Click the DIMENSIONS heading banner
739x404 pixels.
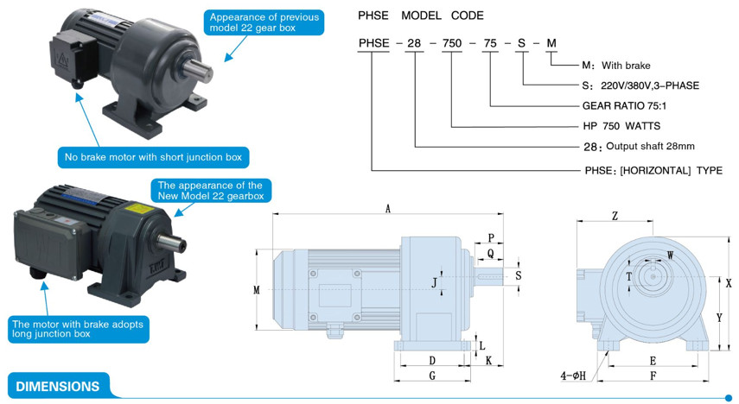[58, 387]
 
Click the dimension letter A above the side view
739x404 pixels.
[388, 209]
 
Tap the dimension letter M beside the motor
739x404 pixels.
[257, 291]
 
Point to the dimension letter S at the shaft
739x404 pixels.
[518, 275]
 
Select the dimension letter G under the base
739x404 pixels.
[431, 376]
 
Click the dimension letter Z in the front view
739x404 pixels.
[615, 216]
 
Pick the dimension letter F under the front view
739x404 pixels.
[653, 376]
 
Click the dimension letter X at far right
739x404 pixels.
[729, 282]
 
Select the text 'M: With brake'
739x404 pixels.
[615, 65]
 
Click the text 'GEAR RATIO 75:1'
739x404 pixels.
[624, 106]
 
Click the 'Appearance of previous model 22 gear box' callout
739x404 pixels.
[264, 22]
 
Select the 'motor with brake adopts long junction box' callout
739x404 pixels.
[78, 328]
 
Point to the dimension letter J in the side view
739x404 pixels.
[435, 282]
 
